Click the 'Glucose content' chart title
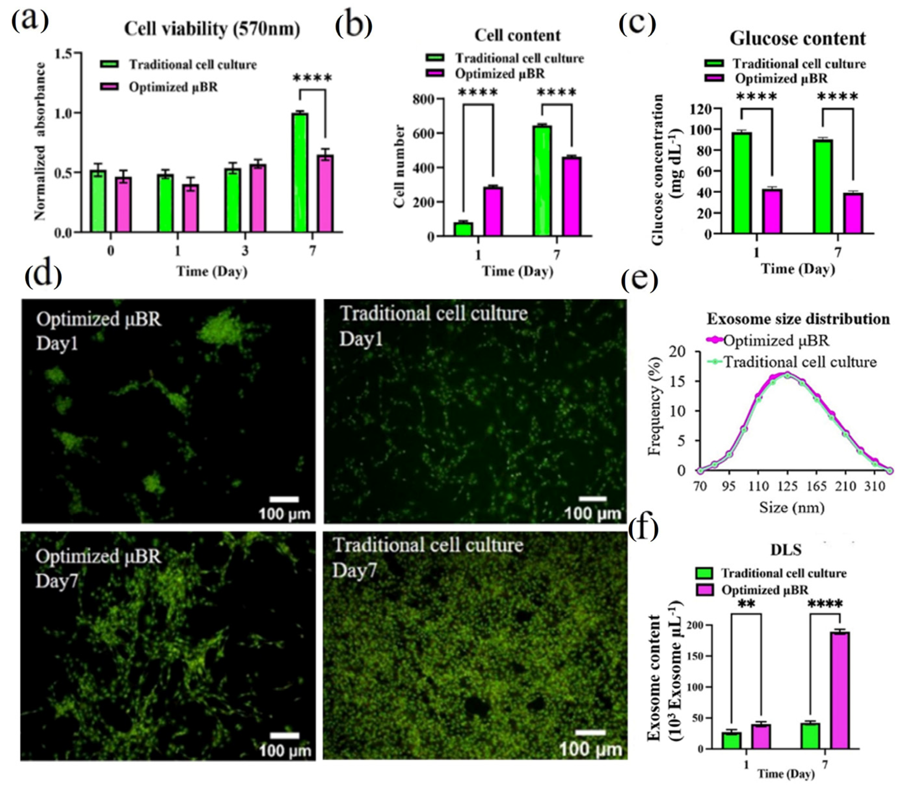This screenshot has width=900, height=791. tap(797, 39)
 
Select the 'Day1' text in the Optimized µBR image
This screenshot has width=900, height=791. tap(57, 343)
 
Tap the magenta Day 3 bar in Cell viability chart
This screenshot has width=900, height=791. tap(258, 198)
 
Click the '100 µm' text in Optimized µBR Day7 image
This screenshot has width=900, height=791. tap(285, 750)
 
